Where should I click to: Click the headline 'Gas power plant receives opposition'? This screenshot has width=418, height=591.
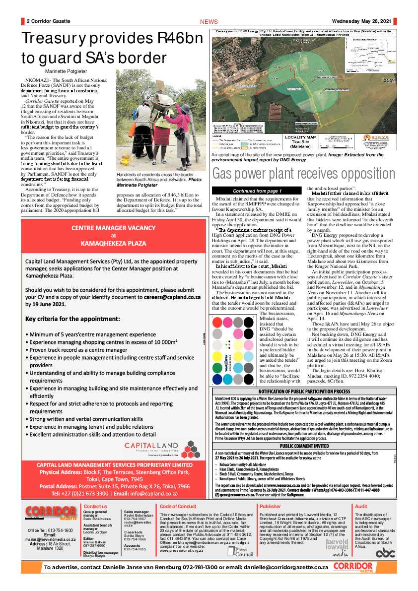(x=304, y=174)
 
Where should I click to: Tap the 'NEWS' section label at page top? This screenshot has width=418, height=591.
(x=209, y=22)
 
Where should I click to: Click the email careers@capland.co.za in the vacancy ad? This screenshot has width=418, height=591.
(x=164, y=297)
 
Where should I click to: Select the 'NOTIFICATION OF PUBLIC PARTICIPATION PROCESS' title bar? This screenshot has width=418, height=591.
(x=303, y=391)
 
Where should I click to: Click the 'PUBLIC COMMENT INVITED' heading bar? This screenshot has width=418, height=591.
(x=303, y=446)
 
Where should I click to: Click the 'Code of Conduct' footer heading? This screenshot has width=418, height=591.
(x=178, y=506)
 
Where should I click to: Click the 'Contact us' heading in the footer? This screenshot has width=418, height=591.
(x=95, y=506)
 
